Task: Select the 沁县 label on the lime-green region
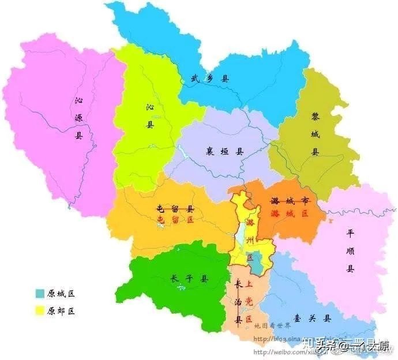150,115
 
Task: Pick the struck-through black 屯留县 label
175,208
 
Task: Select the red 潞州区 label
250,239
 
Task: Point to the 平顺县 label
350,250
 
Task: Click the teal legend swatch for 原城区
40,293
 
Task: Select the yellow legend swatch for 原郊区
40,311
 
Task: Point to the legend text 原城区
62,293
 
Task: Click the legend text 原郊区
62,311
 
